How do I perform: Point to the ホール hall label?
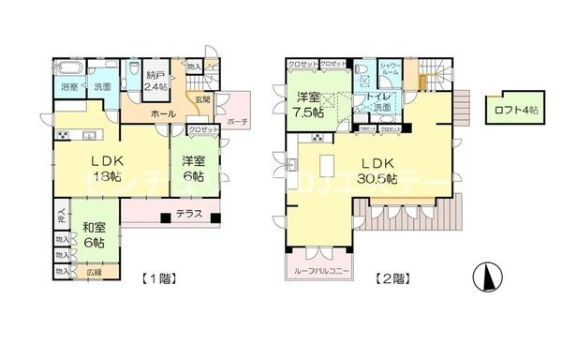(159, 112)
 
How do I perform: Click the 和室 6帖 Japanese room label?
(93, 234)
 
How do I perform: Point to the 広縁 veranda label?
(94, 272)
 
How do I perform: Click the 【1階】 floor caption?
(159, 278)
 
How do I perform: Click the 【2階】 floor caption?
(392, 278)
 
